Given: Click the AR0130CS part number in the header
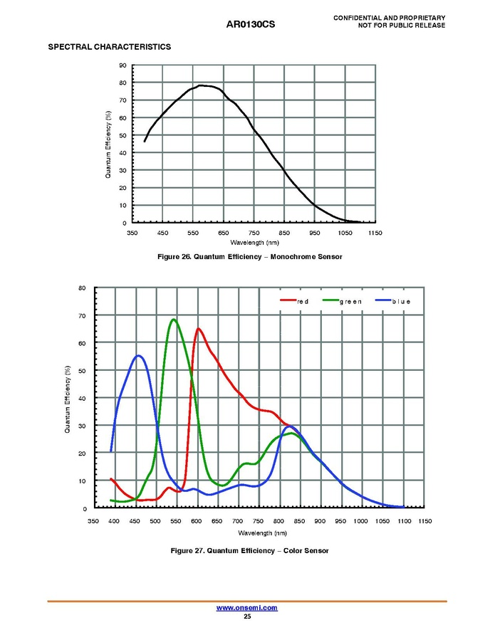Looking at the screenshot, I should click(250, 24).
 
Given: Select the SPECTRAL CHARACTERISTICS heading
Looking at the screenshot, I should click(109, 47).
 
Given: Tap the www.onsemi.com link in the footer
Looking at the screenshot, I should click(246, 608).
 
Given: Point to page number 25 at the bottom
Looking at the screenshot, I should click(246, 617).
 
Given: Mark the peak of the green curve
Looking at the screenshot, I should click(173, 320).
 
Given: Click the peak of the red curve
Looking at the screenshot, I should click(198, 329).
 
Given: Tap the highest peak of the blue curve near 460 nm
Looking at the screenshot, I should click(139, 356).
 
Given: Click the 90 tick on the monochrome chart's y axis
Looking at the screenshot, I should click(123, 65).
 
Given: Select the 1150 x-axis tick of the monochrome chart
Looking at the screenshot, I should click(375, 233).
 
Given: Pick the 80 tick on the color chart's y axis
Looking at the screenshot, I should click(83, 288).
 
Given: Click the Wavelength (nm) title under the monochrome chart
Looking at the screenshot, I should click(254, 243).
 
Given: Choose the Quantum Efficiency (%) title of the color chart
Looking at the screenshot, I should click(67, 399).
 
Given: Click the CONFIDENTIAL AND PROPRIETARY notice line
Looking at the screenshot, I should click(389, 17).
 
